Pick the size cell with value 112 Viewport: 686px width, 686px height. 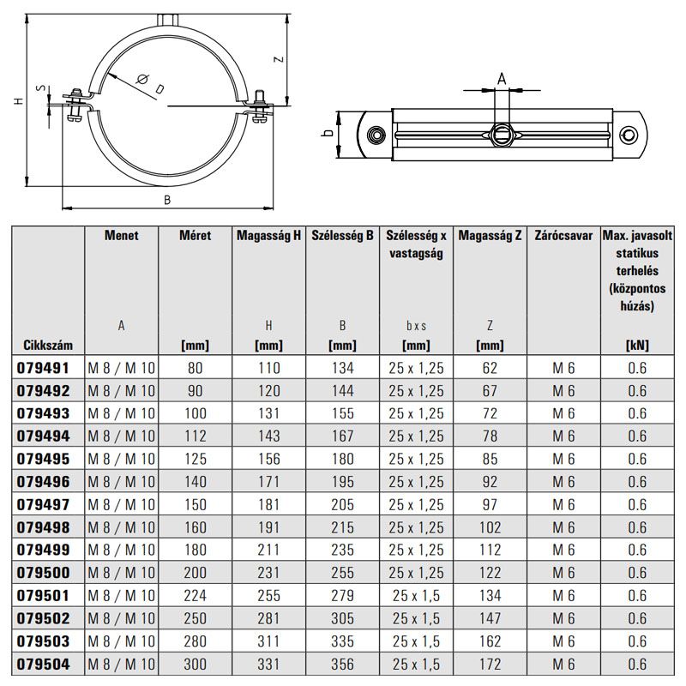tap(196, 436)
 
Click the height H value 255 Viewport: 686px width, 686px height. tap(268, 595)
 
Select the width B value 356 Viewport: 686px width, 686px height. tap(342, 663)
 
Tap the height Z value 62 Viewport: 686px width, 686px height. tap(490, 368)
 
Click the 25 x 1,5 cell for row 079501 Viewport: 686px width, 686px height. tap(416, 595)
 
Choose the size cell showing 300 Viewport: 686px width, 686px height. tap(196, 663)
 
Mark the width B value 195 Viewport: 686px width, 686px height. tap(342, 481)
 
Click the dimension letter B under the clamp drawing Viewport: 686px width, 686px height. tap(168, 200)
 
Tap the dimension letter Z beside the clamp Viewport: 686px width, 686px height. tap(279, 60)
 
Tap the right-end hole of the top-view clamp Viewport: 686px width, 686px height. tap(630, 135)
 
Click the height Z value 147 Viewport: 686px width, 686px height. tap(490, 617)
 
